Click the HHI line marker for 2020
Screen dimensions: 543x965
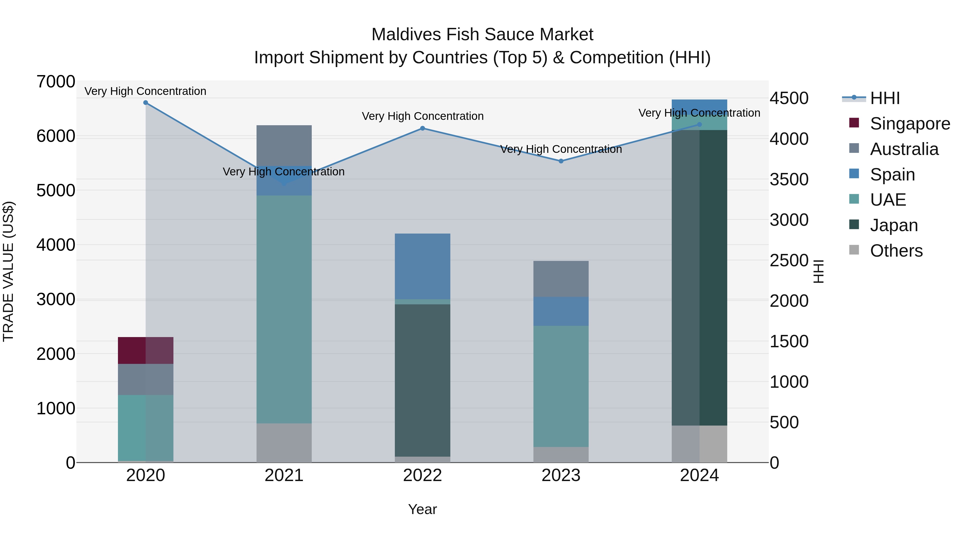coord(146,103)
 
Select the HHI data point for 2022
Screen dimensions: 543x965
coord(422,128)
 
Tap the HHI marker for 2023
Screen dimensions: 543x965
coord(561,161)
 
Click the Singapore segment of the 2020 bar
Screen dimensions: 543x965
coord(146,350)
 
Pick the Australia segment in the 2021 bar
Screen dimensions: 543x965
coord(284,145)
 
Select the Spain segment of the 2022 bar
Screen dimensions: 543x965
coord(422,266)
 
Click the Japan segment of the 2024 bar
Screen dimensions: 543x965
coord(699,277)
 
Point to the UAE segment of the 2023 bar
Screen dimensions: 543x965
coord(561,386)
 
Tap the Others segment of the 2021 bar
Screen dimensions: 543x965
coord(284,443)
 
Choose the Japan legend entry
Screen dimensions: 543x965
coord(893,225)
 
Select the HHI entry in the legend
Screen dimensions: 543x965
coord(885,98)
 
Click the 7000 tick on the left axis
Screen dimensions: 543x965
coord(55,82)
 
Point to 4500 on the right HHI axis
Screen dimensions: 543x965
coord(789,98)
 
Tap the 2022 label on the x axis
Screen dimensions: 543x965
coord(422,475)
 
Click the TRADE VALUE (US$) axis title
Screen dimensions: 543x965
coord(8,272)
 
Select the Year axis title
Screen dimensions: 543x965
coord(422,509)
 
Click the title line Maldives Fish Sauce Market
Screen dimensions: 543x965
coord(482,35)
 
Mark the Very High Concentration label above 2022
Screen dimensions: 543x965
coord(422,116)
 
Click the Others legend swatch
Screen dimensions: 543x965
coord(854,250)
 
